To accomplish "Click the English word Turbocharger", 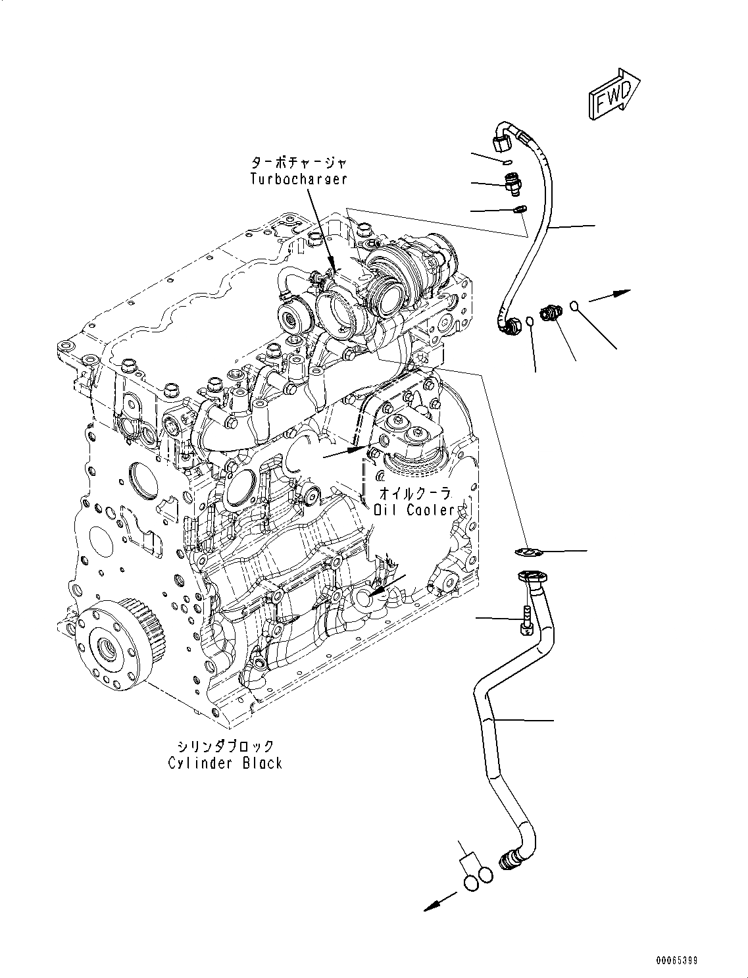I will click(x=299, y=178).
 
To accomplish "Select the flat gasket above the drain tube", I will click(x=526, y=552).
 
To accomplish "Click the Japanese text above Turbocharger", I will click(x=299, y=161).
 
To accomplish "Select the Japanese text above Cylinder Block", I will click(x=224, y=746).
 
